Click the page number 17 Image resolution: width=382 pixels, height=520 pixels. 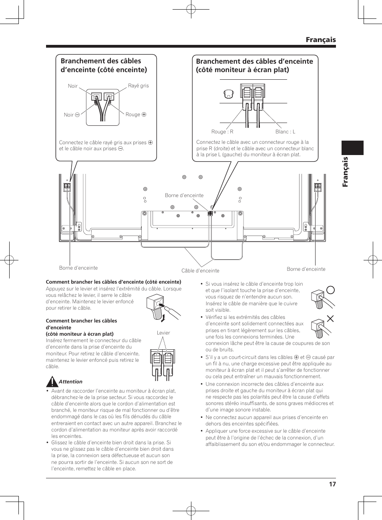332,484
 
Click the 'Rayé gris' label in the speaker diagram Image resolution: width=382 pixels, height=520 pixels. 138,86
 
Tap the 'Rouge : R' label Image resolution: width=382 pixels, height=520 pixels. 222,132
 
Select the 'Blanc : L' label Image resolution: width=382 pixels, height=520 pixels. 285,132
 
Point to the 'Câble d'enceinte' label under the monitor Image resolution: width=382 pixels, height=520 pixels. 200,271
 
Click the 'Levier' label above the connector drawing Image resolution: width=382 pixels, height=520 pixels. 163,333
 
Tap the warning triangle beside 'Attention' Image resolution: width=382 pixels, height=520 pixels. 52,382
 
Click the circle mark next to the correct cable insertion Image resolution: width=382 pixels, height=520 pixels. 330,290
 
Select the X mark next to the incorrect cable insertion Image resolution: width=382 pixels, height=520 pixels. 330,319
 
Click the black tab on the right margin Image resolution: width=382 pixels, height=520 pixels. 352,148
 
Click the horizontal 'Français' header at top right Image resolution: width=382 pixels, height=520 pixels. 320,40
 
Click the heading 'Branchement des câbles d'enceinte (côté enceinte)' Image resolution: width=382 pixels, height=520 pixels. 104,65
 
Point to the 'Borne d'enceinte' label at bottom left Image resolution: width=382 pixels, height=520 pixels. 78,268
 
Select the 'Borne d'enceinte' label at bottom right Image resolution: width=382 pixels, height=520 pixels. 306,269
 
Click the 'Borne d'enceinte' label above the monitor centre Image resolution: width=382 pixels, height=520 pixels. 184,196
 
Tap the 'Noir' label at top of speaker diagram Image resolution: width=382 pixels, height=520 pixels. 72,86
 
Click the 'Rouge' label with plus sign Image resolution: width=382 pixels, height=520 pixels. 136,115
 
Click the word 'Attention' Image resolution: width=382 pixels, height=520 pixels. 70,382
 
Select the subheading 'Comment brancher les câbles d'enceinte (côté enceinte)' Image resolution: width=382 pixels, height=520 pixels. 113,282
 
